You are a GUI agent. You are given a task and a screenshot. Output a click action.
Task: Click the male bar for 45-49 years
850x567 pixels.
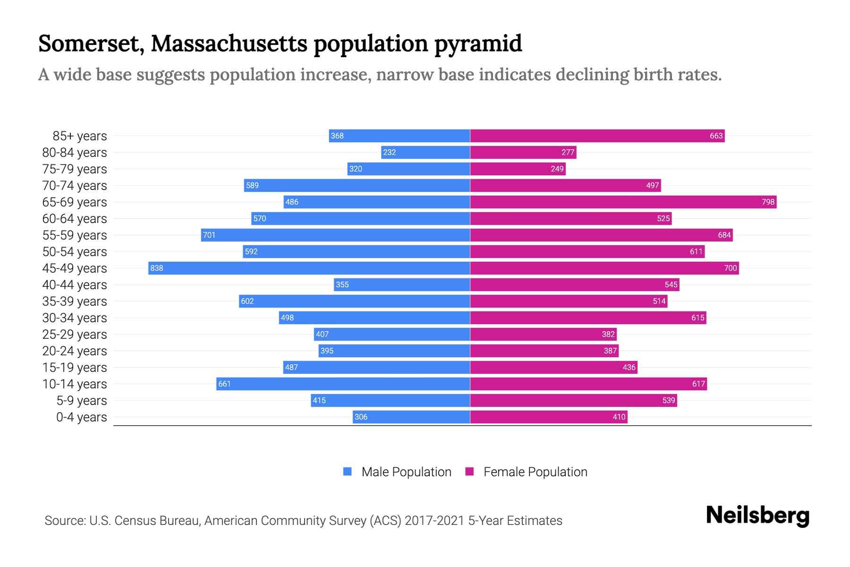pyautogui.click(x=309, y=268)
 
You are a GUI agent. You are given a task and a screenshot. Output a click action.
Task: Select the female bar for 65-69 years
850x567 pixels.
pyautogui.click(x=623, y=202)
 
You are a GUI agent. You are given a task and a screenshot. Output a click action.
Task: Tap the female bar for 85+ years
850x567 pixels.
pyautogui.click(x=597, y=136)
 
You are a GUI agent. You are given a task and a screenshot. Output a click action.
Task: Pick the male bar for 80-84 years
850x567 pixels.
pyautogui.click(x=425, y=152)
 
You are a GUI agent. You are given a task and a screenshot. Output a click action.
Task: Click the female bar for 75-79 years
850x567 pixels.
pyautogui.click(x=518, y=169)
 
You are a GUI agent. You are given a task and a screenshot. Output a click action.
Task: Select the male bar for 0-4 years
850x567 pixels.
pyautogui.click(x=411, y=417)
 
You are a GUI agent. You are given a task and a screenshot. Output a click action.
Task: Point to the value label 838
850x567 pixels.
pyautogui.click(x=157, y=268)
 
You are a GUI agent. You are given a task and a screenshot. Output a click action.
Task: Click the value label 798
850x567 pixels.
pyautogui.click(x=768, y=202)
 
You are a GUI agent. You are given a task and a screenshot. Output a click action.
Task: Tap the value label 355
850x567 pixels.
pyautogui.click(x=342, y=284)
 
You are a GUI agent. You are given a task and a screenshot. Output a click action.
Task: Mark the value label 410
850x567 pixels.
pyautogui.click(x=619, y=417)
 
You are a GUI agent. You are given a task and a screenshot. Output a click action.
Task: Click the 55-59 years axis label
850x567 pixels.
pyautogui.click(x=75, y=235)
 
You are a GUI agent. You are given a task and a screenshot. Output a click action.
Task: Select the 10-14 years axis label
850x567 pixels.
pyautogui.click(x=75, y=384)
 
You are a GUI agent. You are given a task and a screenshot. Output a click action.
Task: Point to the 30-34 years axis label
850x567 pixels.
pyautogui.click(x=75, y=318)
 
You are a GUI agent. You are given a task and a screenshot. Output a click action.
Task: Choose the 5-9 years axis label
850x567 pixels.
pyautogui.click(x=82, y=400)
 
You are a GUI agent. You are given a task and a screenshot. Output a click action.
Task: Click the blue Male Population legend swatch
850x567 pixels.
pyautogui.click(x=348, y=472)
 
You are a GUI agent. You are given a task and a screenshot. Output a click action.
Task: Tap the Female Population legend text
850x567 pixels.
pyautogui.click(x=535, y=472)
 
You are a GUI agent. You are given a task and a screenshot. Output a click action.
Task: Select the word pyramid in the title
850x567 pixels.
pyautogui.click(x=478, y=43)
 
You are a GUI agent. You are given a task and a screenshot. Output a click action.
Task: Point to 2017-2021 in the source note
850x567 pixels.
pyautogui.click(x=434, y=520)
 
